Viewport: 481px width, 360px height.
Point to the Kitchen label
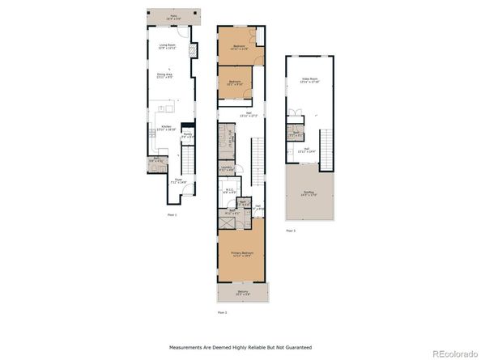(166, 128)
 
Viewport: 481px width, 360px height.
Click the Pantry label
(187, 135)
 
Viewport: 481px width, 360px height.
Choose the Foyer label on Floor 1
(178, 181)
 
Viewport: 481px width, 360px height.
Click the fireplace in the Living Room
(194, 51)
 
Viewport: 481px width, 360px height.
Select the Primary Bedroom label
(241, 255)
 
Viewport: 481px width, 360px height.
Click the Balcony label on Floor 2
(242, 293)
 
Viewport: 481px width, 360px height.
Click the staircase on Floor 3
(327, 146)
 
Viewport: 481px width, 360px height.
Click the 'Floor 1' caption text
(172, 215)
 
